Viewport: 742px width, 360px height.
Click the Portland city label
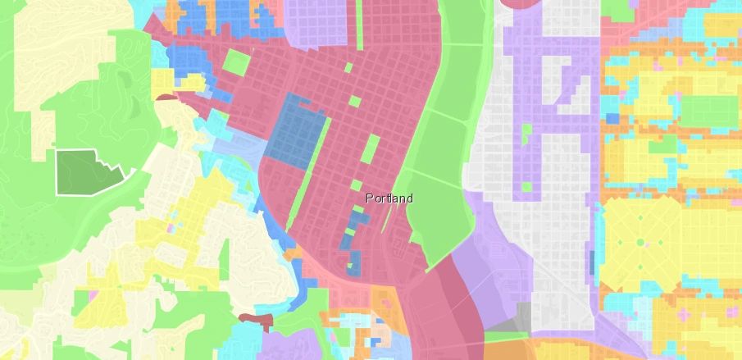point(389,198)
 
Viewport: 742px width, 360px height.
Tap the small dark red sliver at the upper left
point(167,98)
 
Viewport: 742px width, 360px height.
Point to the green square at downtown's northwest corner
point(235,62)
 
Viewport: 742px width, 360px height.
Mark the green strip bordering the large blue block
point(322,139)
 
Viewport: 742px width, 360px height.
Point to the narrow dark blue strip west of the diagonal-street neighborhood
point(592,259)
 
